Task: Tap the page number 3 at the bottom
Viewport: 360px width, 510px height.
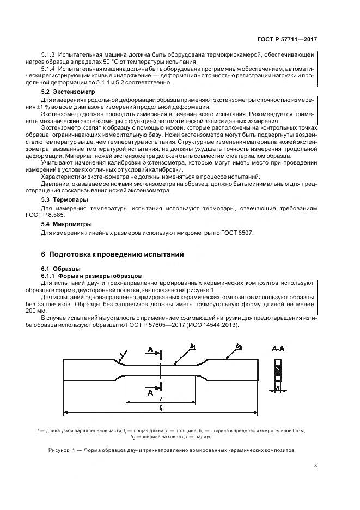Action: pos(315,465)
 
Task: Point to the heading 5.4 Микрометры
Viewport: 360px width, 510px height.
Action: pos(66,224)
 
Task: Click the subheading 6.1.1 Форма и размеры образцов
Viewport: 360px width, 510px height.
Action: pos(91,276)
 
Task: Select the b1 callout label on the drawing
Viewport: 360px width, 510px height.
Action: pos(192,345)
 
